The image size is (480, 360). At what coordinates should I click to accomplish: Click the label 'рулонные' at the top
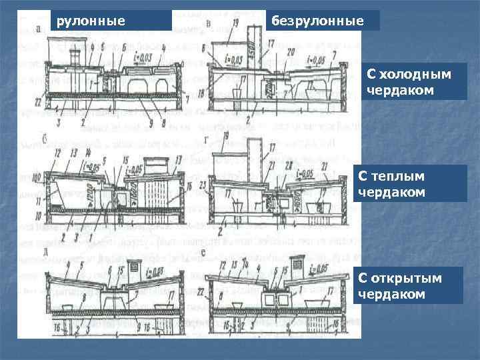click(91, 21)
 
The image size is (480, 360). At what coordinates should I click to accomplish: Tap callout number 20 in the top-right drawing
click(291, 51)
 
